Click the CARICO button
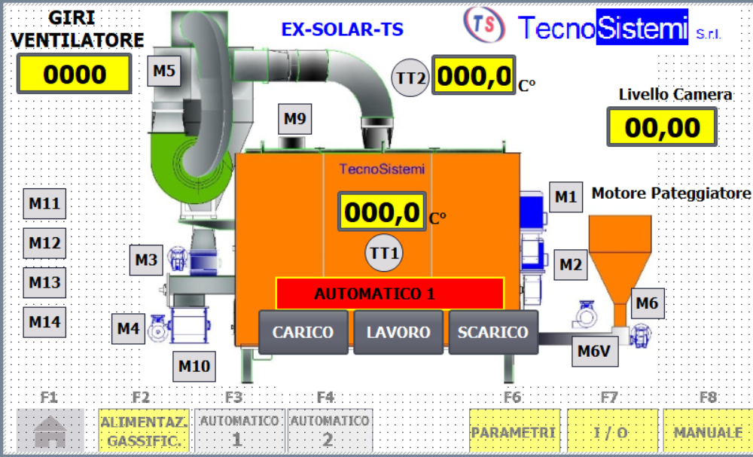pyautogui.click(x=303, y=332)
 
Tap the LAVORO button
pyautogui.click(x=398, y=332)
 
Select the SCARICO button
pyautogui.click(x=493, y=332)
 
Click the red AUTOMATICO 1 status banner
pyautogui.click(x=389, y=294)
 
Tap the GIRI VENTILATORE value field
pyautogui.click(x=75, y=75)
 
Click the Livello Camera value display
pyautogui.click(x=663, y=127)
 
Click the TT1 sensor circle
pyautogui.click(x=384, y=253)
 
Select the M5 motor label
pyautogui.click(x=164, y=72)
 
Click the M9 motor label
pyautogui.click(x=294, y=118)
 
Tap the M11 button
pyautogui.click(x=44, y=203)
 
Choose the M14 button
pyautogui.click(x=44, y=322)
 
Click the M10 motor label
pyautogui.click(x=194, y=367)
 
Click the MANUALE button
pyautogui.click(x=708, y=432)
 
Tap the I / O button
pyautogui.click(x=611, y=432)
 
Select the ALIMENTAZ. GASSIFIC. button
pyautogui.click(x=142, y=432)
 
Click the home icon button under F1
pyautogui.click(x=50, y=432)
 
